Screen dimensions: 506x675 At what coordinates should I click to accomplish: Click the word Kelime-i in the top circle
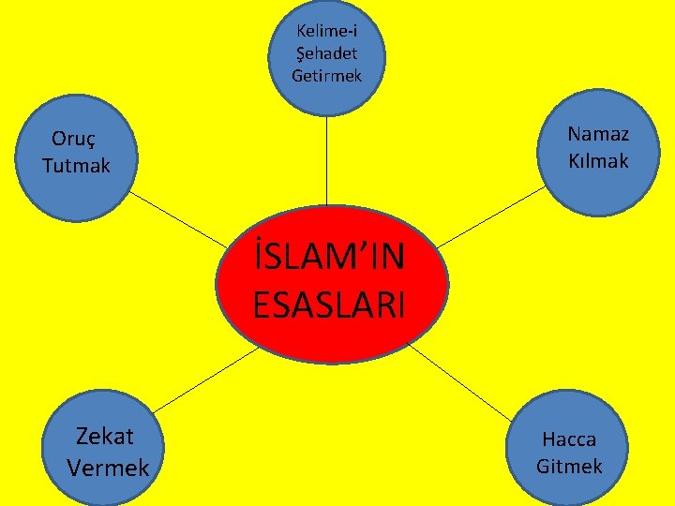point(326,31)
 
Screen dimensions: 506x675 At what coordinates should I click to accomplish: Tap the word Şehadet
point(326,53)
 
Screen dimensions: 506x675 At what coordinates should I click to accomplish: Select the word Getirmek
point(326,75)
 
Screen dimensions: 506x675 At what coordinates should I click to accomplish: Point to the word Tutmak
point(76,166)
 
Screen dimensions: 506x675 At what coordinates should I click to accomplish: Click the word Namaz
point(598,134)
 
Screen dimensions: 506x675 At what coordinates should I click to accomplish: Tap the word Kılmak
point(598,161)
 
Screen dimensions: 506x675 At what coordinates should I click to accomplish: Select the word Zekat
point(105,436)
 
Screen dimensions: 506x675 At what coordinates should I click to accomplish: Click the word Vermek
point(108,467)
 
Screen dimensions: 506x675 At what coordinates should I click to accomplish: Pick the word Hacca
point(569,439)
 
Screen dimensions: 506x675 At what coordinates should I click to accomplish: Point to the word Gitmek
point(569,466)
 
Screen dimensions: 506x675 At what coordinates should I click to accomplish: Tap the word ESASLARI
point(328,305)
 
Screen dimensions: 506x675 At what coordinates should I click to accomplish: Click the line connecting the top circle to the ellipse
point(326,159)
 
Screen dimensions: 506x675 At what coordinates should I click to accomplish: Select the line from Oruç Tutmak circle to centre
point(178,220)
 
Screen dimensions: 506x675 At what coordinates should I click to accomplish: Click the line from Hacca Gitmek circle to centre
point(459,384)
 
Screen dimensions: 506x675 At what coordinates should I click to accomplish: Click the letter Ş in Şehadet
point(299,53)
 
